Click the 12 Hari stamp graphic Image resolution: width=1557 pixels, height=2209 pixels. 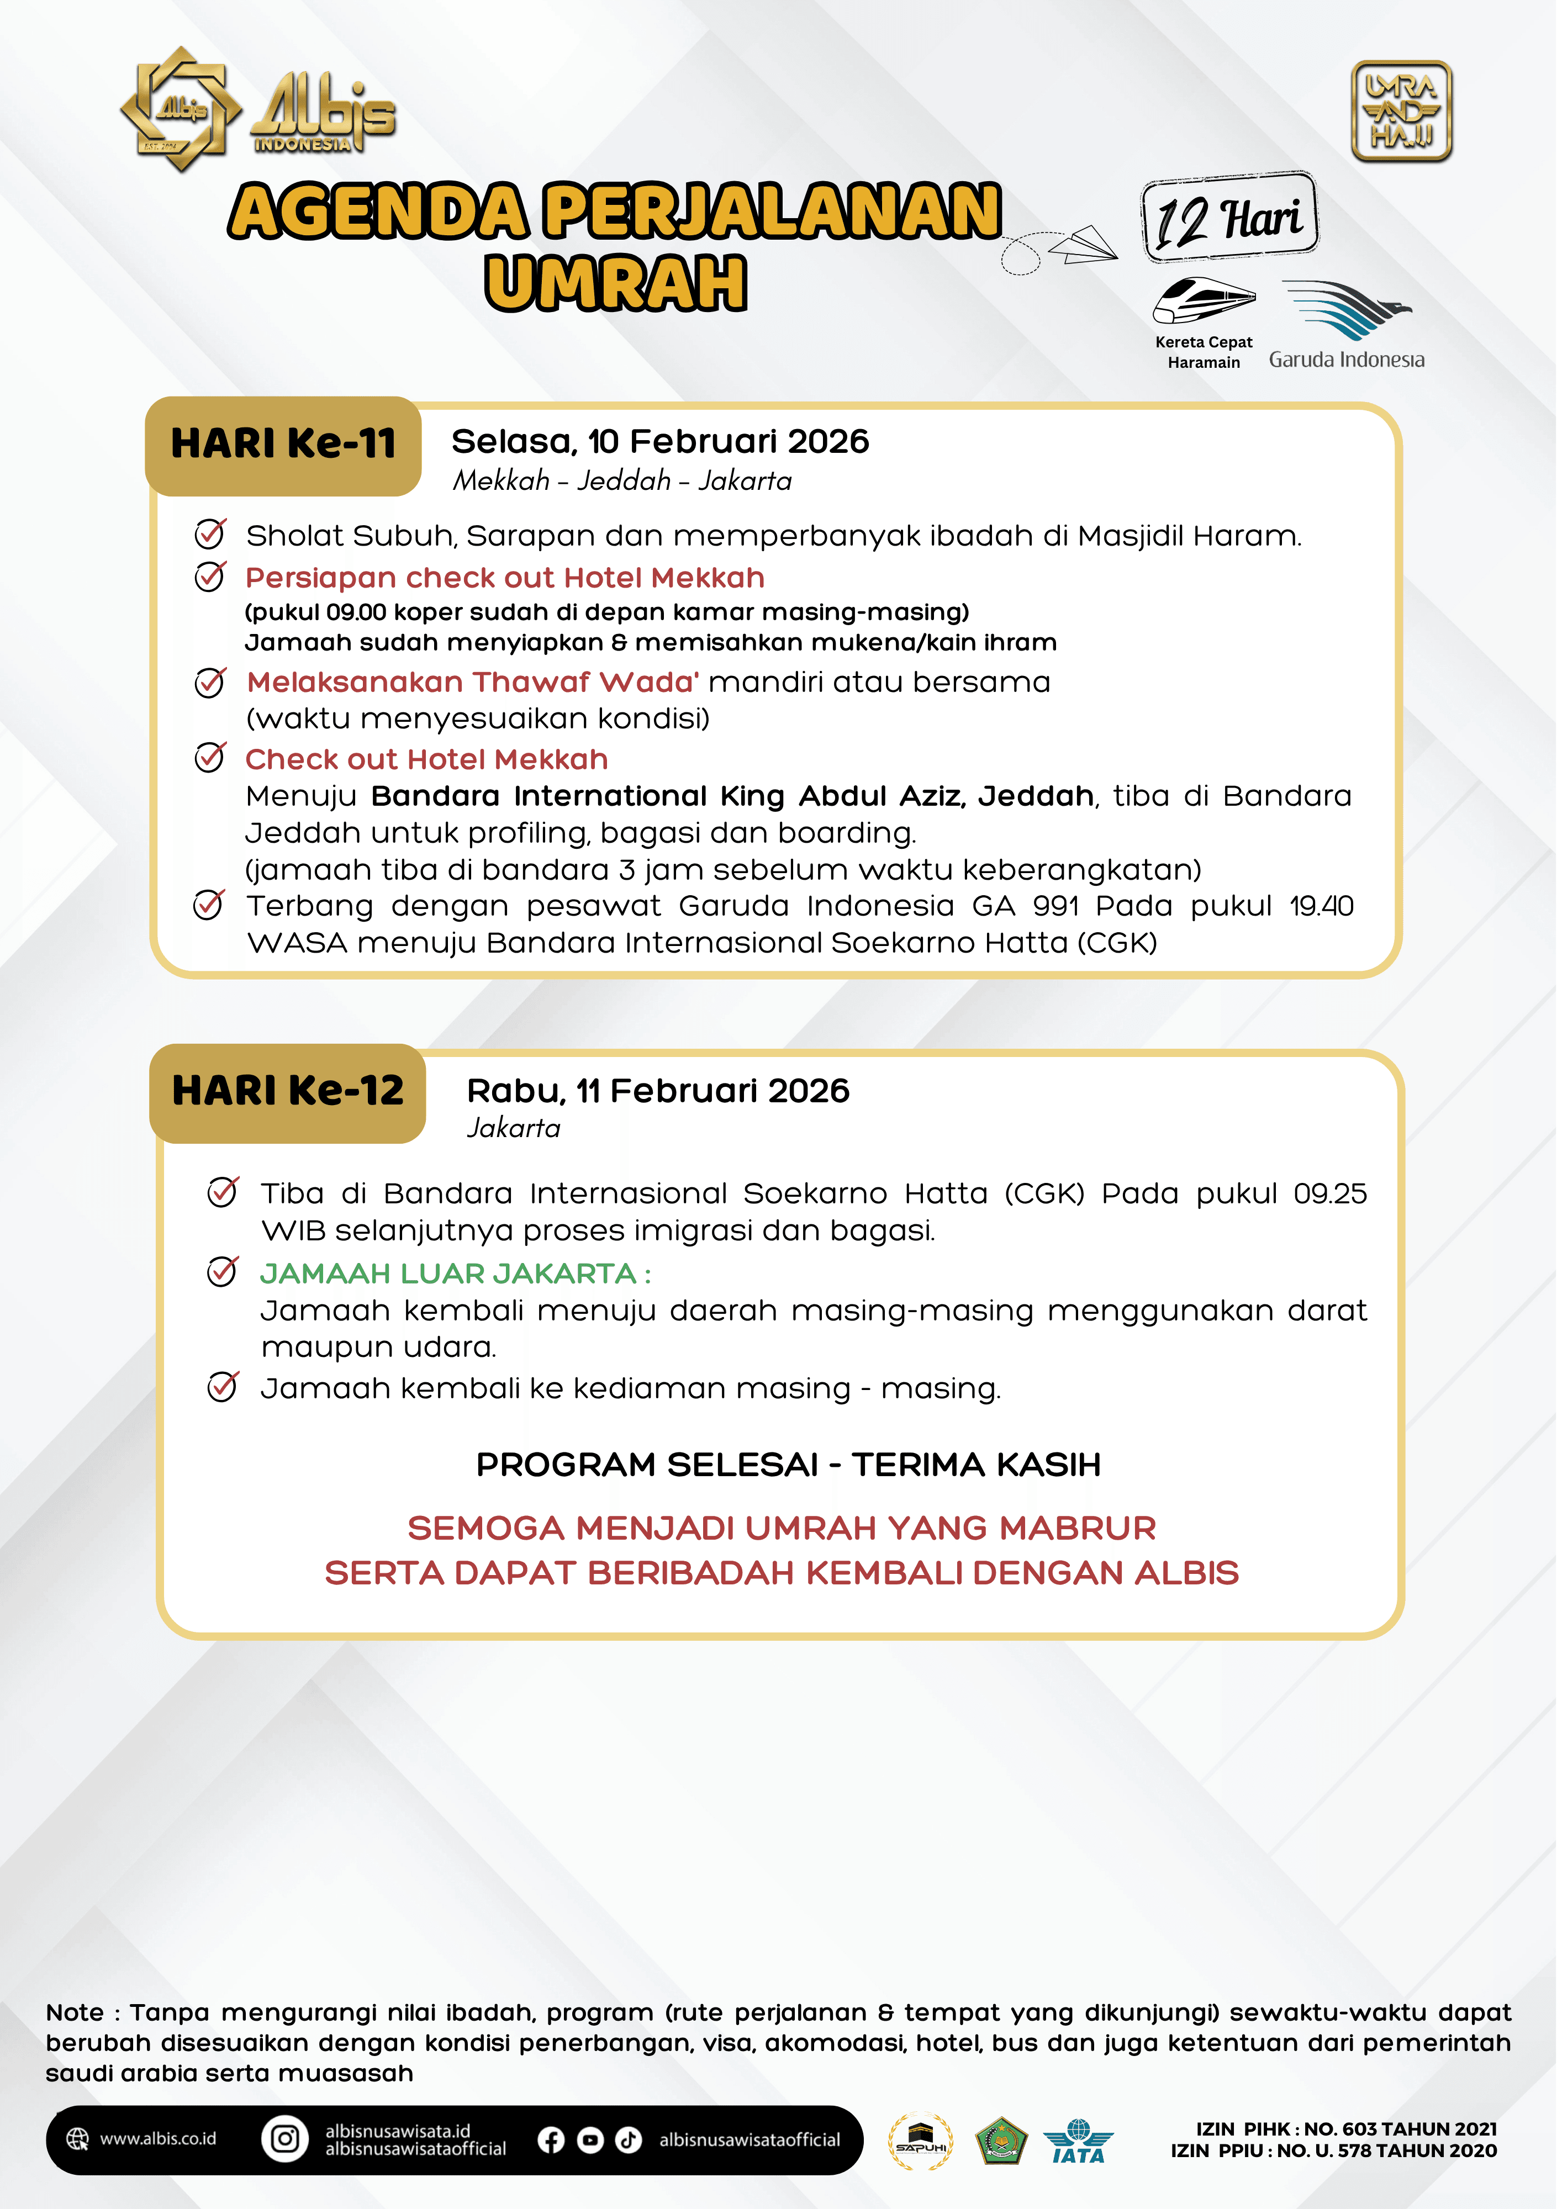(1229, 218)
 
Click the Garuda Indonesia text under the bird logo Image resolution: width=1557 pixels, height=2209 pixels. (1346, 360)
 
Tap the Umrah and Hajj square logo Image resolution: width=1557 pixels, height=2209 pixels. (1401, 112)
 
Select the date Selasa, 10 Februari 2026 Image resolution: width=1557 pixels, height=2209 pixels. (660, 442)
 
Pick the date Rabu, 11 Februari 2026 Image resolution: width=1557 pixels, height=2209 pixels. (658, 1091)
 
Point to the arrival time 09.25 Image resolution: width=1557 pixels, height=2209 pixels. (1330, 1194)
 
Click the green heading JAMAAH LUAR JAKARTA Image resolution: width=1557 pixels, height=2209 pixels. (448, 1274)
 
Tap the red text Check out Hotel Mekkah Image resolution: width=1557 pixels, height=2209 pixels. (426, 760)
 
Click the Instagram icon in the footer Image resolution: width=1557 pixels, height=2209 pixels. (285, 2139)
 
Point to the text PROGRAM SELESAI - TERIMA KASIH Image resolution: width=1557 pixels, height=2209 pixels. (788, 1465)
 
